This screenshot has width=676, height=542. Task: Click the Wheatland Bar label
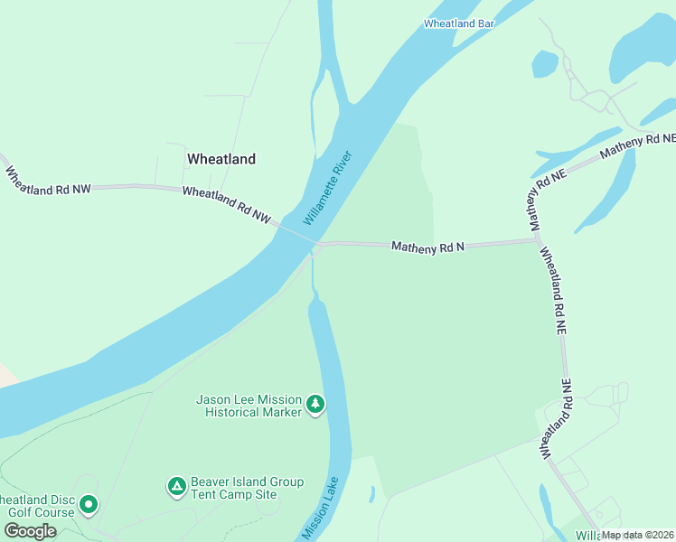point(459,23)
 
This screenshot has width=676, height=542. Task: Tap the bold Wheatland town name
point(221,159)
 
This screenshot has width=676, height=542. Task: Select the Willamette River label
point(326,189)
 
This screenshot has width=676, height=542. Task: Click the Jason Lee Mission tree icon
point(315,405)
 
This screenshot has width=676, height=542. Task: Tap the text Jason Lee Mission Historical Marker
point(249,406)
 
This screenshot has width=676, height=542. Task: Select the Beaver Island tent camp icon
point(176,487)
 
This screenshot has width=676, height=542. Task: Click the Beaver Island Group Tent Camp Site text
point(247,489)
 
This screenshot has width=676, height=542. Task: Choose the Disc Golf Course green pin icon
point(88,504)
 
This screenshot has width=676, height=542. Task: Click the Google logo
point(29,530)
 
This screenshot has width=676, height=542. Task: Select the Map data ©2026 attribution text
point(638,535)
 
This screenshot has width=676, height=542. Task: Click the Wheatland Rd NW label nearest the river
point(226,204)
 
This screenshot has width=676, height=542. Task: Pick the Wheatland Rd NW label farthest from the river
point(48,179)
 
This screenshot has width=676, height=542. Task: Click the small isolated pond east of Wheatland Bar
point(544,63)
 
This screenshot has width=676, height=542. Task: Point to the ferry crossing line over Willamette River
point(296,234)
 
